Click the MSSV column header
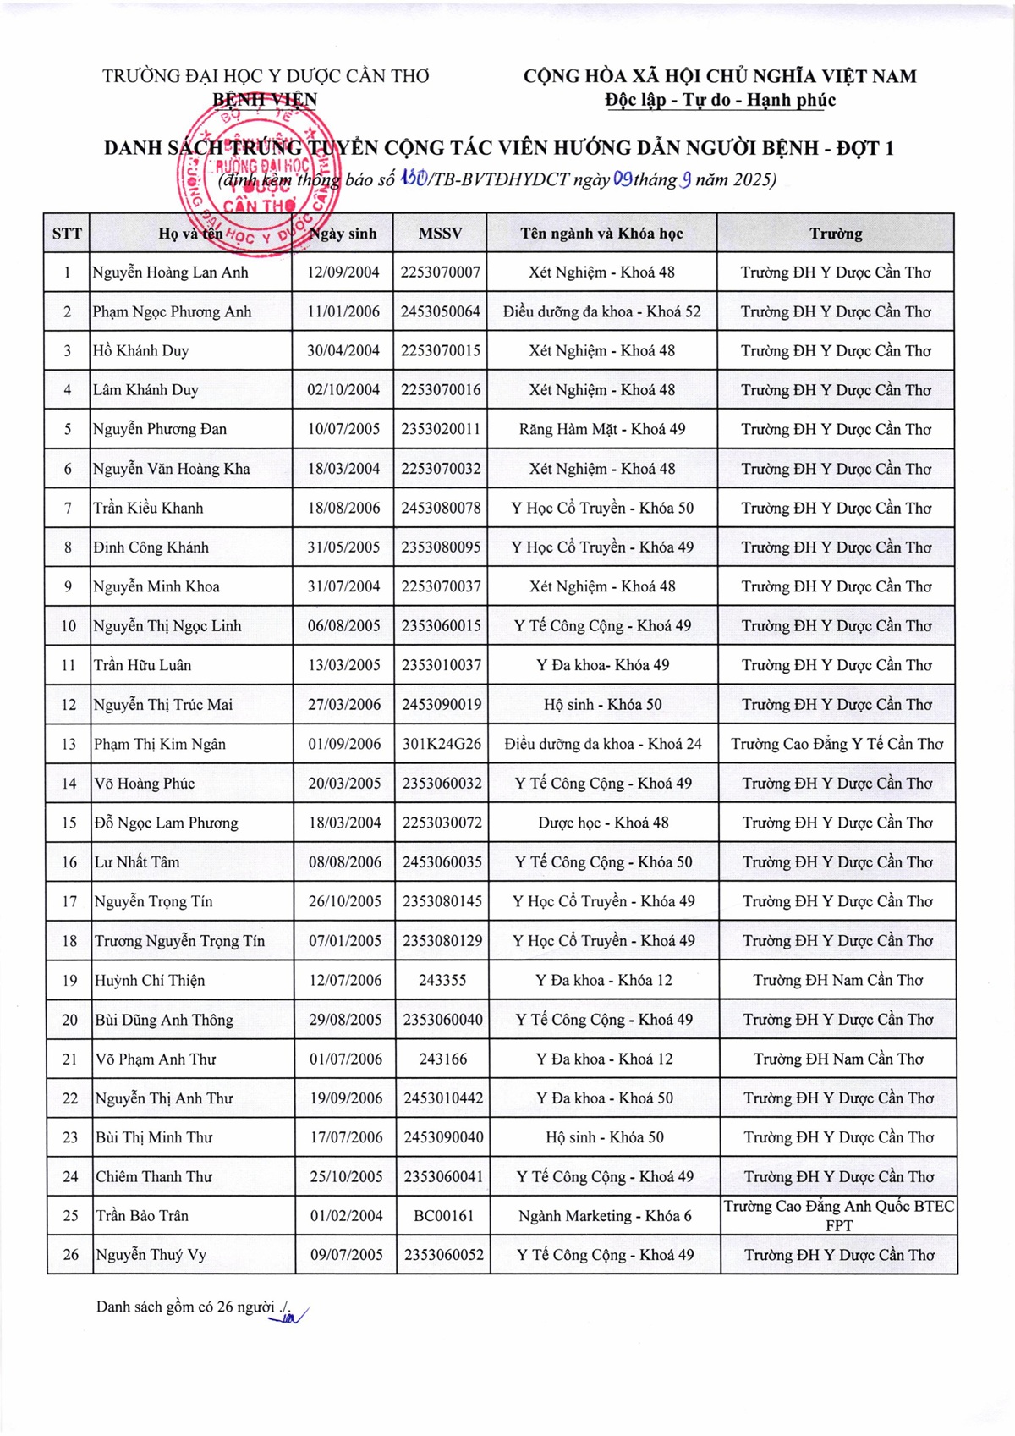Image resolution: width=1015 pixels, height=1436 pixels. (440, 234)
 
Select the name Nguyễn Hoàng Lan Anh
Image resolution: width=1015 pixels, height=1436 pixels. (170, 272)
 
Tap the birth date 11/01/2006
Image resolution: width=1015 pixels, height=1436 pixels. (343, 311)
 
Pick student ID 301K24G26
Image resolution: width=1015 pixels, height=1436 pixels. (442, 744)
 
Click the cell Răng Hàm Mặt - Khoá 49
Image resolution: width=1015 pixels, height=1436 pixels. (602, 429)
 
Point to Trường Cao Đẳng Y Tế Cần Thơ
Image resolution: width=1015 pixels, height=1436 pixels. (837, 744)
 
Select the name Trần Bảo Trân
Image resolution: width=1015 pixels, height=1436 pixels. (142, 1216)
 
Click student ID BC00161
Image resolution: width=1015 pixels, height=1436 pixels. (443, 1216)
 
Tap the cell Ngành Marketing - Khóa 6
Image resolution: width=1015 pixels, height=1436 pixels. (605, 1216)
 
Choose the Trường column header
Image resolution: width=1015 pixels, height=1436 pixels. (836, 234)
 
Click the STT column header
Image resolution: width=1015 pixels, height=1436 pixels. (67, 234)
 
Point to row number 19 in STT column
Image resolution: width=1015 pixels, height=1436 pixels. (69, 980)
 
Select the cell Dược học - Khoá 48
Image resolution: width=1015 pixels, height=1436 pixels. (603, 823)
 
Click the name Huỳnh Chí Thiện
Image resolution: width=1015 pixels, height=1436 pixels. (150, 980)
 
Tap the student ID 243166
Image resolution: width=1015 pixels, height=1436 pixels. (442, 1059)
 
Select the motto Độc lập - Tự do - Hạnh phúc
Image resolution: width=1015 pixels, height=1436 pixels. (720, 100)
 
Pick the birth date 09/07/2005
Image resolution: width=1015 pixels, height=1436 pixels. (346, 1255)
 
